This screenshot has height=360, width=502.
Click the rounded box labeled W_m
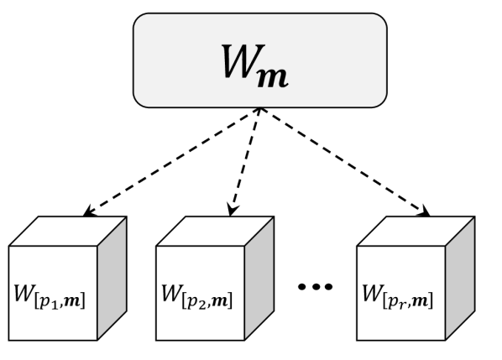pyautogui.click(x=260, y=60)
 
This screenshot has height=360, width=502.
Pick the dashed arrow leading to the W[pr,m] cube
pyautogui.click(x=344, y=159)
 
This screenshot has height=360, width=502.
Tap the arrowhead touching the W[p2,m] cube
pyautogui.click(x=232, y=209)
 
